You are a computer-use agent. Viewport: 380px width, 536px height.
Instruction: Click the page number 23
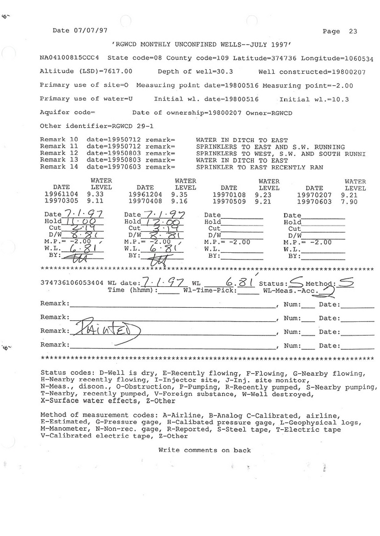coord(353,31)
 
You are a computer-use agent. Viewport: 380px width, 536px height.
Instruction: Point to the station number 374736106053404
coord(72,283)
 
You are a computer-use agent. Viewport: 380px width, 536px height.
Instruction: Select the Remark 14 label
coord(59,167)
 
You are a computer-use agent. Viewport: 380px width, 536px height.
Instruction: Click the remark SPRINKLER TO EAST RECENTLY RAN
coord(259,167)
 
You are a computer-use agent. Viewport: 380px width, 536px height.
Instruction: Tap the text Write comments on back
coord(204,450)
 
